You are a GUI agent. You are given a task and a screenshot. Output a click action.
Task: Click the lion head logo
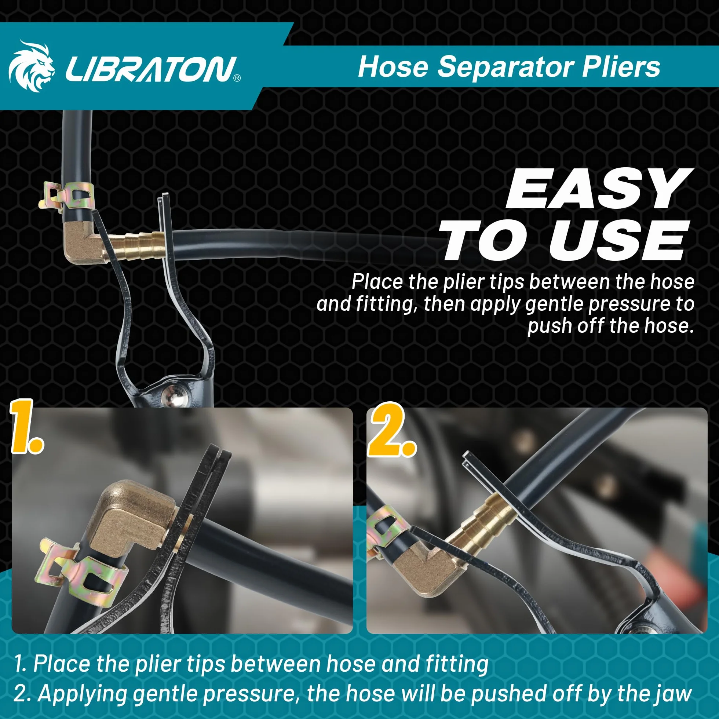[x=31, y=66]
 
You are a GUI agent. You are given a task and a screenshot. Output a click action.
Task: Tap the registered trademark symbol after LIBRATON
[x=237, y=78]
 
